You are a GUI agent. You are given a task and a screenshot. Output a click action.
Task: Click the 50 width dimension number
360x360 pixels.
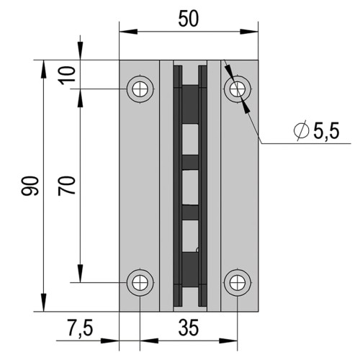pyautogui.click(x=189, y=19)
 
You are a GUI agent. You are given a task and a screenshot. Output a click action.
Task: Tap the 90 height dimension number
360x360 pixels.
pyautogui.click(x=30, y=186)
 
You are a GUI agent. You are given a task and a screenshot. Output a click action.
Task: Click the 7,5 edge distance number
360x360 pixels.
pyautogui.click(x=80, y=328)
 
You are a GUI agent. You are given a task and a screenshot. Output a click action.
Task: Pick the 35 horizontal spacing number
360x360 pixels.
pyautogui.click(x=189, y=328)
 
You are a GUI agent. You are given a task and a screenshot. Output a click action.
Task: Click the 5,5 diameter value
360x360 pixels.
pyautogui.click(x=326, y=131)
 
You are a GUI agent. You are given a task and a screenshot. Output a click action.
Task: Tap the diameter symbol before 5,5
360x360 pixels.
pyautogui.click(x=301, y=130)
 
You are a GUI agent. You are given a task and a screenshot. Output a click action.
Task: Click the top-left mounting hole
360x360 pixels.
pyautogui.click(x=140, y=89)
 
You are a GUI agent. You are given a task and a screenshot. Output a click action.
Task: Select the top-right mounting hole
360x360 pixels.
pyautogui.click(x=238, y=89)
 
